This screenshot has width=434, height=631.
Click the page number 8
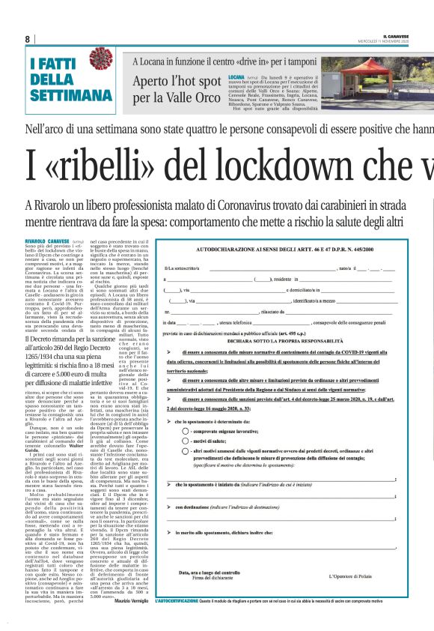point(28,39)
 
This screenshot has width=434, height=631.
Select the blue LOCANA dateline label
point(237,77)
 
